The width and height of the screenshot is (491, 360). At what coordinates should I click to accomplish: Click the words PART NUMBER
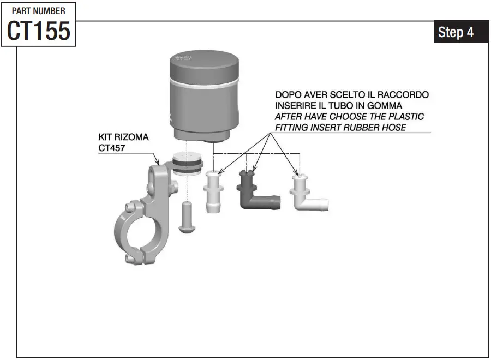38,10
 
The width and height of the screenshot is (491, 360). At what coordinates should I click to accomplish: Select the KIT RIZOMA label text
123,137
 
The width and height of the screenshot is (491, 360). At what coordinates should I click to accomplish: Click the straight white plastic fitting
213,191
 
